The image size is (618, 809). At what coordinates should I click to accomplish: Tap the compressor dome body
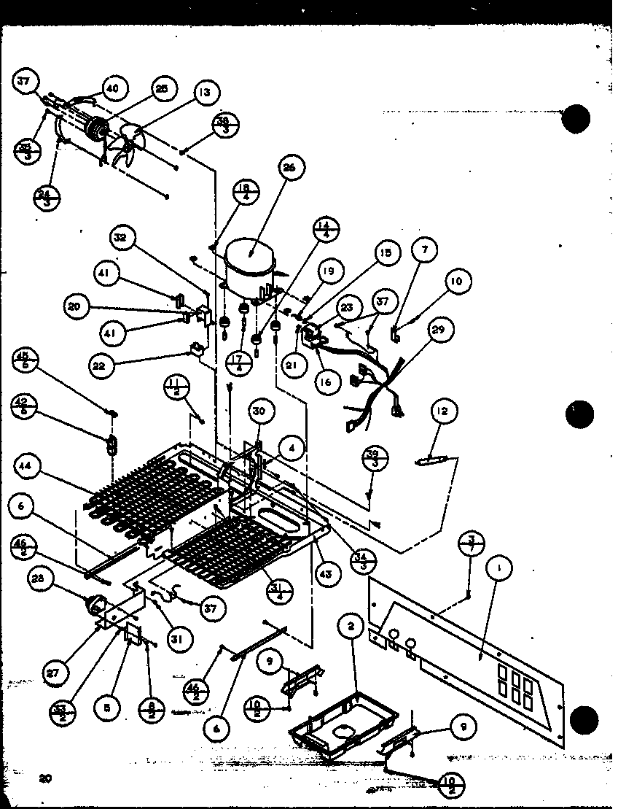pyautogui.click(x=249, y=263)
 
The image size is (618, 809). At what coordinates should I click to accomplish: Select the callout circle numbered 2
pyautogui.click(x=351, y=625)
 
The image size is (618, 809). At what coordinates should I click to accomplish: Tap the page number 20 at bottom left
pyautogui.click(x=46, y=779)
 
